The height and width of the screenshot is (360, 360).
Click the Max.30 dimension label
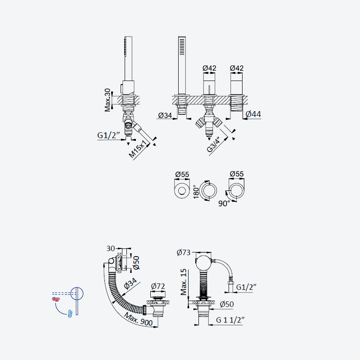108,100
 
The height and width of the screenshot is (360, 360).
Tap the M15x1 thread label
138,149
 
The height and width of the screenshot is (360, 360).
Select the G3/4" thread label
213,144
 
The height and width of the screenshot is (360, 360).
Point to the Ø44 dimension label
253,114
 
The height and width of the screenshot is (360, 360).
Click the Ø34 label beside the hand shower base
165,115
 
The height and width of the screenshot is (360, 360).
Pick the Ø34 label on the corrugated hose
130,283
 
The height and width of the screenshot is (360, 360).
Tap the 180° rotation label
196,192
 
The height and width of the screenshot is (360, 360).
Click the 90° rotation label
224,203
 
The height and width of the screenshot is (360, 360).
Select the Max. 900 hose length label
138,319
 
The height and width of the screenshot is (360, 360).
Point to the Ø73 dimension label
184,252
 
